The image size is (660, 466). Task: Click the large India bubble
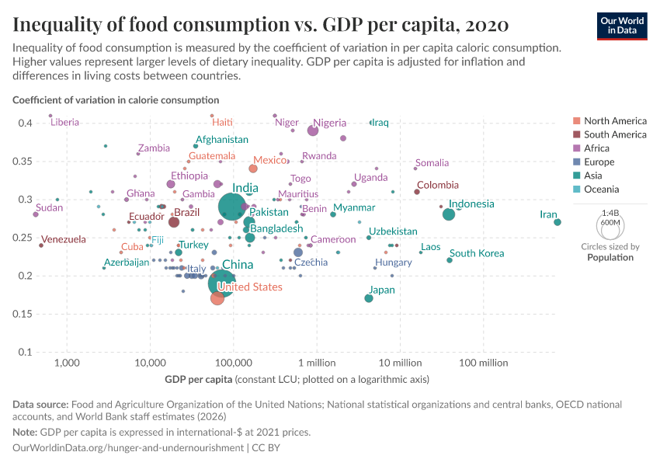[x=233, y=207]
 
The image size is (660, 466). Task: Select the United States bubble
[x=217, y=298]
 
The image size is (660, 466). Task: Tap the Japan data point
[x=369, y=298]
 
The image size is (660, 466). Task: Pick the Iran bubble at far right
[x=558, y=222]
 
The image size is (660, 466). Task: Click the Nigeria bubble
[x=313, y=130]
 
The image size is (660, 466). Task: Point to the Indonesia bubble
[x=448, y=214]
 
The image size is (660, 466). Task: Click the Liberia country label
[x=64, y=123]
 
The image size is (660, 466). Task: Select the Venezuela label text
[x=64, y=239]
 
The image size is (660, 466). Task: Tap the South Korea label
[x=477, y=253]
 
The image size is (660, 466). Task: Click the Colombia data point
[x=417, y=192]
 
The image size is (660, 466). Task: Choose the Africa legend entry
[x=597, y=148]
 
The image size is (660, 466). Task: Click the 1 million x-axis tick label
[x=316, y=363]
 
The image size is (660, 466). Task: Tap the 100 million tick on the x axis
[x=483, y=363]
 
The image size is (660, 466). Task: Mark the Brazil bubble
[x=174, y=222]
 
